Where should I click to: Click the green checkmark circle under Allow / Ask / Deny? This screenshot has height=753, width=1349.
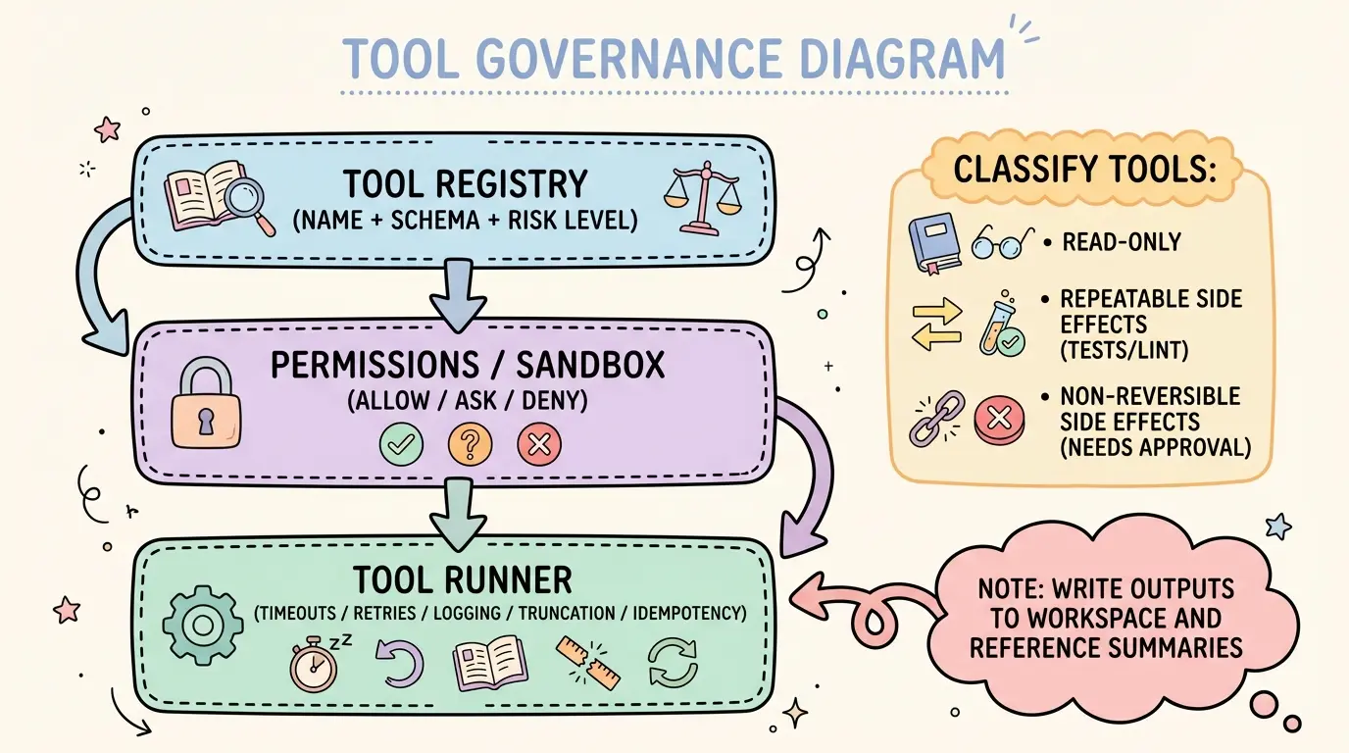click(401, 444)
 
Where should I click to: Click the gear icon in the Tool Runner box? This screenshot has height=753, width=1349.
click(201, 623)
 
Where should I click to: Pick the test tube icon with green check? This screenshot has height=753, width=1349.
click(999, 327)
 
